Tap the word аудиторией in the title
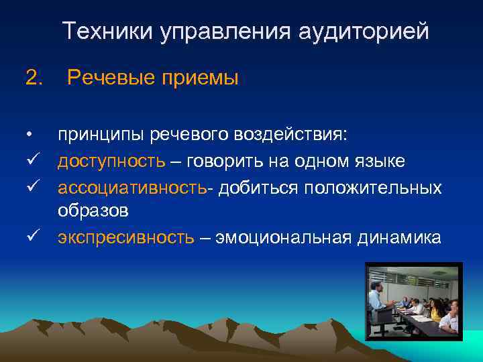click(x=362, y=32)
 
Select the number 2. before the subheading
click(x=33, y=78)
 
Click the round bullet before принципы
click(x=30, y=135)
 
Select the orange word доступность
click(x=111, y=162)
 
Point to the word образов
click(x=93, y=210)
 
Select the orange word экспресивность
click(x=126, y=237)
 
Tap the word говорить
click(x=221, y=162)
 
